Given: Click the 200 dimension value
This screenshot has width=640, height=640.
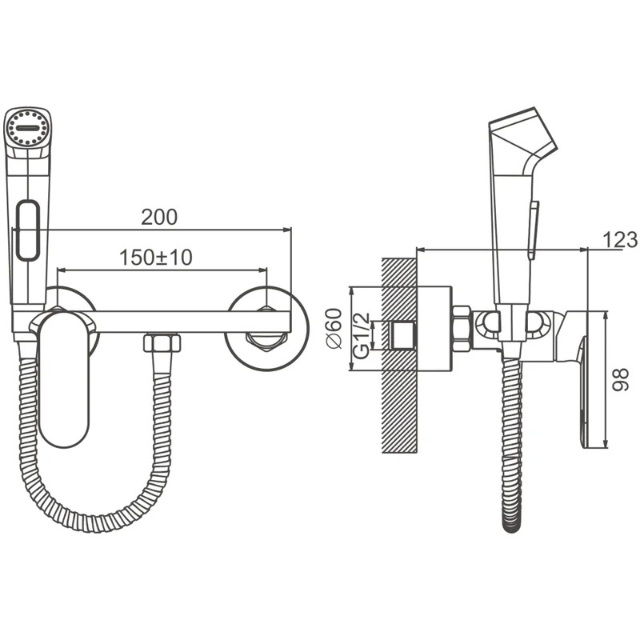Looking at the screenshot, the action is click(x=159, y=217).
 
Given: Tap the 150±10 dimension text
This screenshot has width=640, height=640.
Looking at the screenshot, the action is click(x=155, y=257).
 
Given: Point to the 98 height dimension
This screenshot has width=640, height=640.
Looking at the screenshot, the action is click(x=621, y=379).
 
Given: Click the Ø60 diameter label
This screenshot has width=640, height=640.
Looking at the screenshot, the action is click(x=334, y=329).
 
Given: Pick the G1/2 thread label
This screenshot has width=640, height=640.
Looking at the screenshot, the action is click(x=362, y=335).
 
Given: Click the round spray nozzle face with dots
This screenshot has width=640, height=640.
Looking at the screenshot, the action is click(x=28, y=127).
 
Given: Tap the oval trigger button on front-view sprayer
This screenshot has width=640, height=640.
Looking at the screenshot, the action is click(x=28, y=230).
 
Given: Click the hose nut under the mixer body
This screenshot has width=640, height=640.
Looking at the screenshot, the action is click(x=162, y=342).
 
